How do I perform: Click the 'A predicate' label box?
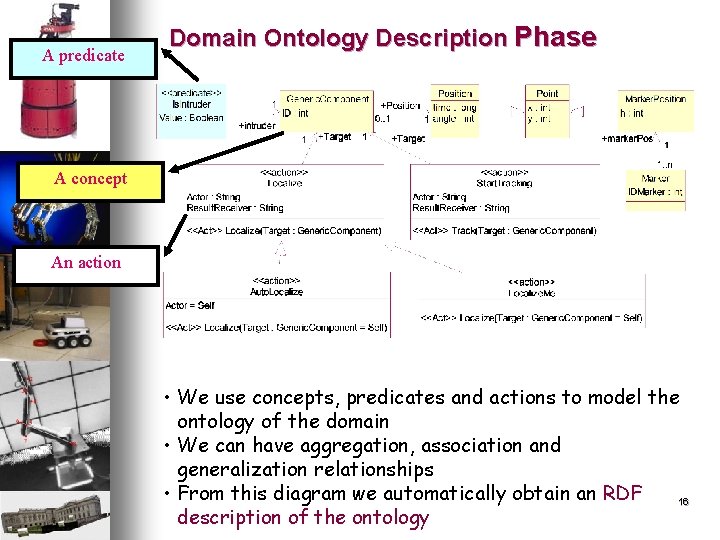pos(83,56)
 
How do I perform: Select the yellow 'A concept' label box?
pos(90,179)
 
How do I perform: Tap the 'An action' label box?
pos(85,263)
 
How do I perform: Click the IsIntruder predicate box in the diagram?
pos(191,108)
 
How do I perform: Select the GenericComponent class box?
pos(326,109)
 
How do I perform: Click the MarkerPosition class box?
pos(655,109)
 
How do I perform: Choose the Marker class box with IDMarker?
pos(655,186)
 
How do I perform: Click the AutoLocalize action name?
pos(277,292)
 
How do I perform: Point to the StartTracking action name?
pos(505,183)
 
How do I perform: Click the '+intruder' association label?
pos(256,126)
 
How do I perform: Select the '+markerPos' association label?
pos(627,138)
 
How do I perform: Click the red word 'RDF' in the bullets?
pos(622,493)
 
